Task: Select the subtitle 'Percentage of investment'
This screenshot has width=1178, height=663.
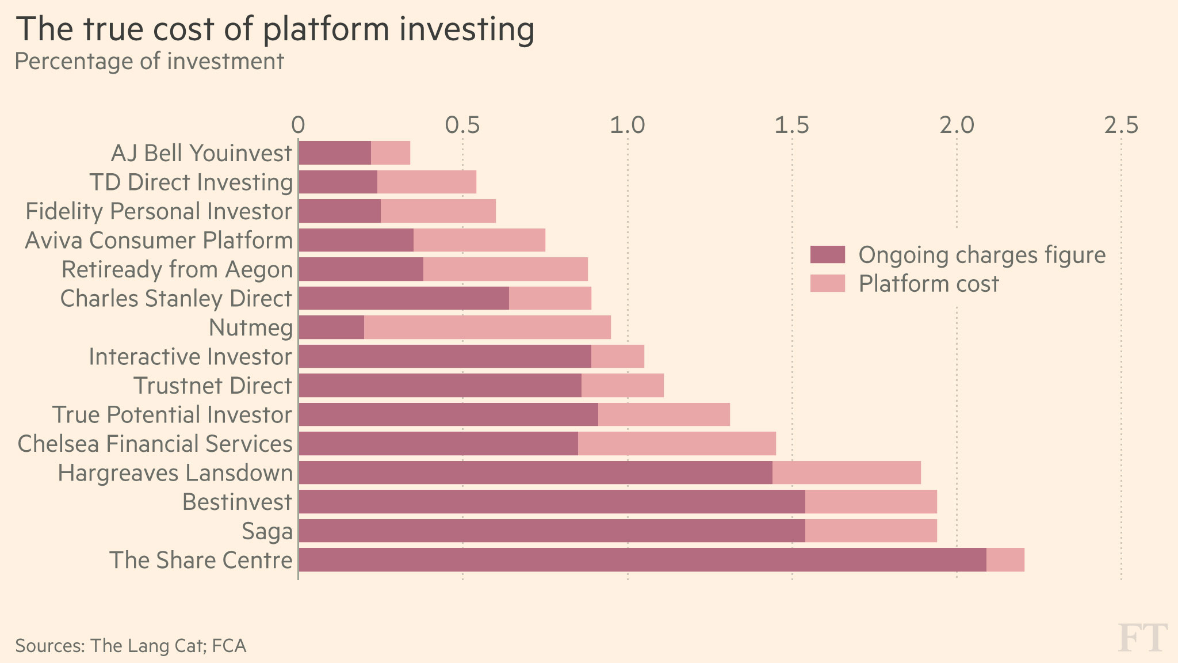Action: coord(149,61)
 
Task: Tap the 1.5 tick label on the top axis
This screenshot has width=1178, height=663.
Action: coord(791,125)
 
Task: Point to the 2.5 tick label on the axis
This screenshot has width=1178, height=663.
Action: coord(1120,125)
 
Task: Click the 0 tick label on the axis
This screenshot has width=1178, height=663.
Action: coord(297,125)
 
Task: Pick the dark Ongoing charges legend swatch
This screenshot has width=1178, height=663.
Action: coord(827,254)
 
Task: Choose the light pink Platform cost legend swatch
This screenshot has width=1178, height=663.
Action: coord(827,284)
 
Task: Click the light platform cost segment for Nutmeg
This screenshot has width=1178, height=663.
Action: coord(487,327)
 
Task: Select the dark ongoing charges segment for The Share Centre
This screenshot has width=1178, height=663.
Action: coord(642,560)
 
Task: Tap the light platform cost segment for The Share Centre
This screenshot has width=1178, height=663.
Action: coord(1005,560)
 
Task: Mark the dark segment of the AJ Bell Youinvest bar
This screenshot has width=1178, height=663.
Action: coord(335,153)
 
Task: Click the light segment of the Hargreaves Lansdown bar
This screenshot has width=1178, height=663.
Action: coord(846,473)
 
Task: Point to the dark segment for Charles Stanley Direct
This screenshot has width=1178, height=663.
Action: coord(404,298)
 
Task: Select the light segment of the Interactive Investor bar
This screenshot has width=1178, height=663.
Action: coord(618,356)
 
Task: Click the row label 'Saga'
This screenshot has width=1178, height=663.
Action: coord(267,531)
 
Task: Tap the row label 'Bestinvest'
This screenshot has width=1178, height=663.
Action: coord(237,502)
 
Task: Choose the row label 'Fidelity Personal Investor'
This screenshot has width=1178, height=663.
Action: coord(159,211)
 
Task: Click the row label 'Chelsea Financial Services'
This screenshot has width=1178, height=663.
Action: coord(155,444)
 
